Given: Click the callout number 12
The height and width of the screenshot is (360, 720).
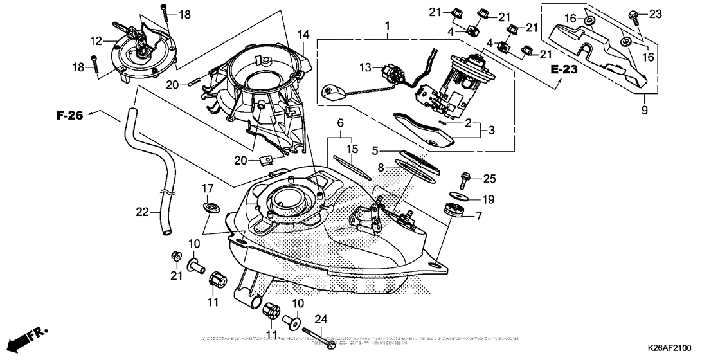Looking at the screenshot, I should coord(96,41).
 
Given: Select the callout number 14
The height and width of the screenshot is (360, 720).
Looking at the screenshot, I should coord(303,33).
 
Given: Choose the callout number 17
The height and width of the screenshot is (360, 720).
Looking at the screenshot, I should coord(207,188).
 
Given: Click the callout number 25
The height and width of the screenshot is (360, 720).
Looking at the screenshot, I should coord(489,177).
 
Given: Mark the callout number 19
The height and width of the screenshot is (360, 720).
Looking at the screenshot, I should coord(489,199).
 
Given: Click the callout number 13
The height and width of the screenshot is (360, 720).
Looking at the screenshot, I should coord(365,67).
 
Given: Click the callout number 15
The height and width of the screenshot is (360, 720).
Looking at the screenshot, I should coord(351,149).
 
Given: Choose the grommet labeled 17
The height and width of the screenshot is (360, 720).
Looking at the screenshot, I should coord(210,207).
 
